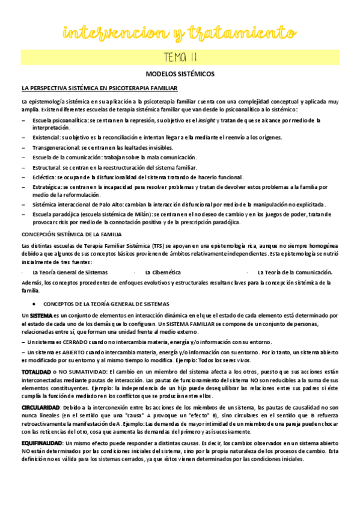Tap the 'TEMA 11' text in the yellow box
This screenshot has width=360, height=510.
click(x=180, y=58)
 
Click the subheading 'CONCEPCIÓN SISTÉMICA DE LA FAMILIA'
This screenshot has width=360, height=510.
click(x=71, y=233)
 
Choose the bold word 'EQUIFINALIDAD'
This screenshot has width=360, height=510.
click(x=40, y=443)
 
